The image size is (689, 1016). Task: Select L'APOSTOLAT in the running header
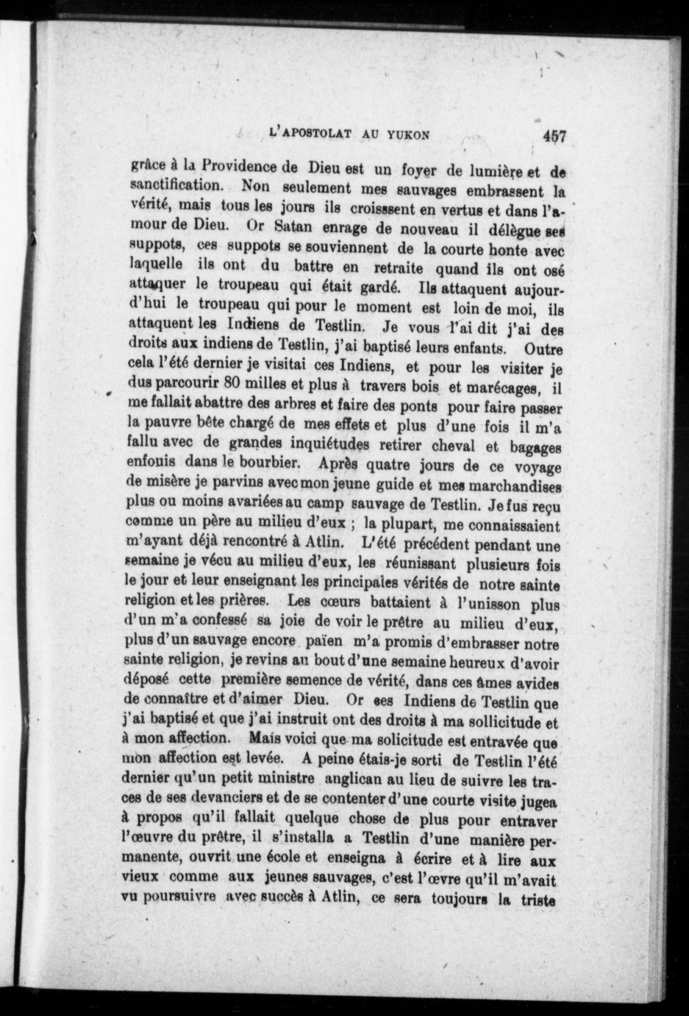coord(310,133)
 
